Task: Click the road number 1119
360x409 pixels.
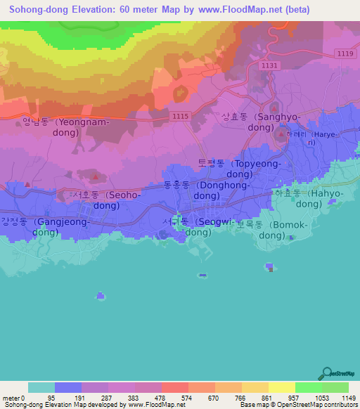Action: [x=345, y=53]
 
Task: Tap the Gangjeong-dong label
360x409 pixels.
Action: [x=44, y=226]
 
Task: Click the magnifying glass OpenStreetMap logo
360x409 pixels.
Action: [x=326, y=372]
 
